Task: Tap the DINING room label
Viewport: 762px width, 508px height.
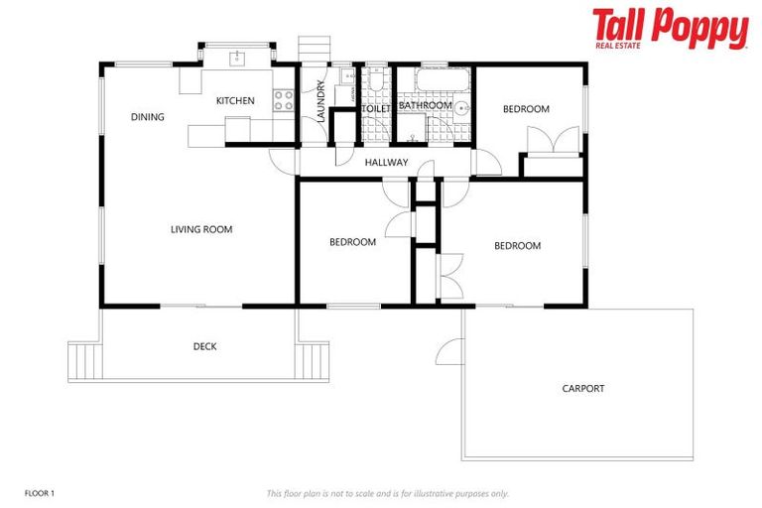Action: click(x=147, y=117)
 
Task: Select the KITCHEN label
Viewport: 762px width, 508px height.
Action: click(x=235, y=100)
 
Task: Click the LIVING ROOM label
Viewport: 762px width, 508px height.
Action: click(x=201, y=229)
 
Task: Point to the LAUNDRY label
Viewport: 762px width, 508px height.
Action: click(x=320, y=101)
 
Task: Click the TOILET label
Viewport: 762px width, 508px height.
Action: click(x=376, y=108)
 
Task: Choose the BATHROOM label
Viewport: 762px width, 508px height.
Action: click(x=425, y=105)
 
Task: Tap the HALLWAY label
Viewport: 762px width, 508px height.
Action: click(x=386, y=162)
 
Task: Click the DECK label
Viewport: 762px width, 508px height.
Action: click(x=204, y=346)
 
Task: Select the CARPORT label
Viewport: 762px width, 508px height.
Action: click(x=582, y=388)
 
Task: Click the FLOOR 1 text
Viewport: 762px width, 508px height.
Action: click(x=39, y=492)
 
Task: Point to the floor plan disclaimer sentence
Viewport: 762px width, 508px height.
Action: click(x=387, y=492)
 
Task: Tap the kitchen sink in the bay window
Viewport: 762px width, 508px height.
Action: click(x=237, y=58)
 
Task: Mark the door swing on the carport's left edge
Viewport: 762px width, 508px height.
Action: click(x=449, y=351)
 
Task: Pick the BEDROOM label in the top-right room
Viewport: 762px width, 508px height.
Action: click(x=525, y=109)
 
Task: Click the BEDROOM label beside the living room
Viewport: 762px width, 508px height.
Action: click(x=352, y=242)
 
